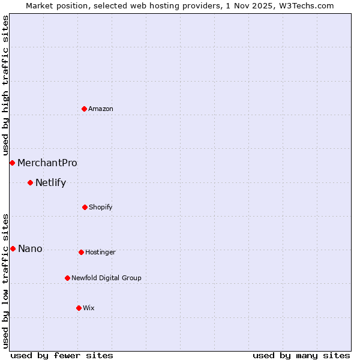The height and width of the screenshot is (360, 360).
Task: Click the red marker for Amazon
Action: tap(84, 109)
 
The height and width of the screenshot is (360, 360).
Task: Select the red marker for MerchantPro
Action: tap(12, 163)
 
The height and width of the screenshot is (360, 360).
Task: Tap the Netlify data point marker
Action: tap(30, 182)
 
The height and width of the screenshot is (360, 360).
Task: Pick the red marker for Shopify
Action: tap(85, 207)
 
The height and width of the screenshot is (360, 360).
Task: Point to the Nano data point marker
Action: tap(13, 248)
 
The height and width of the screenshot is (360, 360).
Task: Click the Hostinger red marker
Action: tap(81, 252)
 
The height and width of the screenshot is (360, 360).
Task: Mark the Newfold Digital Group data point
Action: tap(67, 278)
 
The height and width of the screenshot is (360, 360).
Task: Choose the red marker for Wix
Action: tap(79, 308)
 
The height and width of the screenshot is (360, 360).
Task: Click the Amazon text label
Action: tap(101, 109)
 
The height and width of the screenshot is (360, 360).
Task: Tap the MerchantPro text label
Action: tap(47, 163)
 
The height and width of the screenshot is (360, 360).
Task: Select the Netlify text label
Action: tap(50, 182)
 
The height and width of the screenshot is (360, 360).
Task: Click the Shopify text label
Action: tap(101, 207)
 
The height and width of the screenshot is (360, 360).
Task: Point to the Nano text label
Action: tap(30, 248)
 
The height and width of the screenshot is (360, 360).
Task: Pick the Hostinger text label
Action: tap(100, 252)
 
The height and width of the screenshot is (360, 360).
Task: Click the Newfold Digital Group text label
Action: tap(106, 278)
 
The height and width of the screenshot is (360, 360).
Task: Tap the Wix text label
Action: tap(89, 308)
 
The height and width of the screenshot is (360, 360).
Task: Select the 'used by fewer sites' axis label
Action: tap(62, 355)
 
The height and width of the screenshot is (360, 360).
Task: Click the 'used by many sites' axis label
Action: tap(301, 355)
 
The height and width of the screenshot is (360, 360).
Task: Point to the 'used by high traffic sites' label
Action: tap(5, 86)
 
